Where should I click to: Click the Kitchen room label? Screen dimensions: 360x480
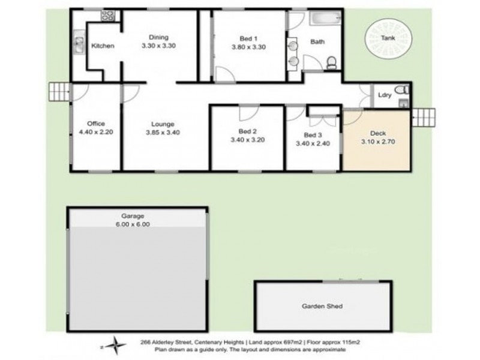103,46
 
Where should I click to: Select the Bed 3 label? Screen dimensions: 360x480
312,135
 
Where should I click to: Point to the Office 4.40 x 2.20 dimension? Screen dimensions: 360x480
96,133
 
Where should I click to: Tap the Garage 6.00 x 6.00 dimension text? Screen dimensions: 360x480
137,224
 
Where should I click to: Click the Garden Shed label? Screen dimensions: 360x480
322,306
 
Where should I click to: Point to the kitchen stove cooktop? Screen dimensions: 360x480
109,17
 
